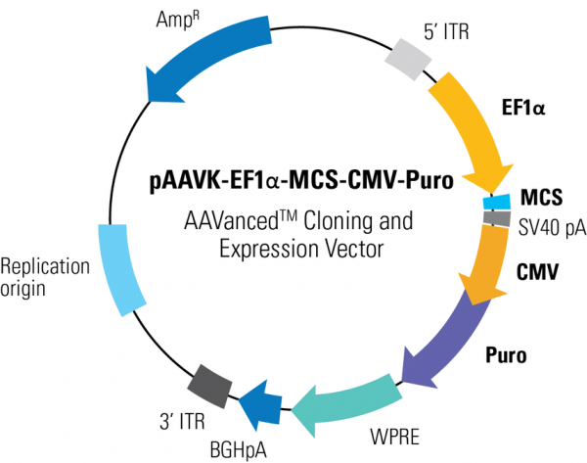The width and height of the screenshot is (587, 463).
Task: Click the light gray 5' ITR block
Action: [x=408, y=61]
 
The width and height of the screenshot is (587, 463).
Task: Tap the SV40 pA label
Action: [x=551, y=227]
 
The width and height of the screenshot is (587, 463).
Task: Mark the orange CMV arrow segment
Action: [x=485, y=262]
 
